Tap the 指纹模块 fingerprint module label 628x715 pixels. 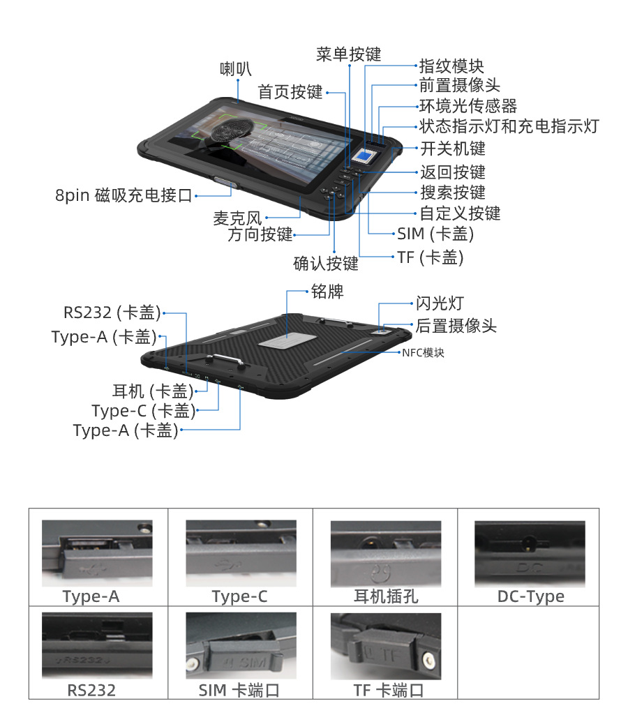pos(451,66)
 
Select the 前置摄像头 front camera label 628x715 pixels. pos(459,86)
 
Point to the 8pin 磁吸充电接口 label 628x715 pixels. pos(124,195)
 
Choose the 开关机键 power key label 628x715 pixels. pos(452,148)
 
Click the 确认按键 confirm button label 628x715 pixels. pos(325,263)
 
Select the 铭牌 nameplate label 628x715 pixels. pos(327,291)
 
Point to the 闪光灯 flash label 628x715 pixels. pos(440,303)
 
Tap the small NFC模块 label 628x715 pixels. pos(423,353)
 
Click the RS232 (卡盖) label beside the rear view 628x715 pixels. pos(112,312)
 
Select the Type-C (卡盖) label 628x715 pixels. pos(143,411)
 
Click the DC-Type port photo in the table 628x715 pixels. pos(530,553)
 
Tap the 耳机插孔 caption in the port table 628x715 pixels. pos(386,597)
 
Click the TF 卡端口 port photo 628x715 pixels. pos(386,645)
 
